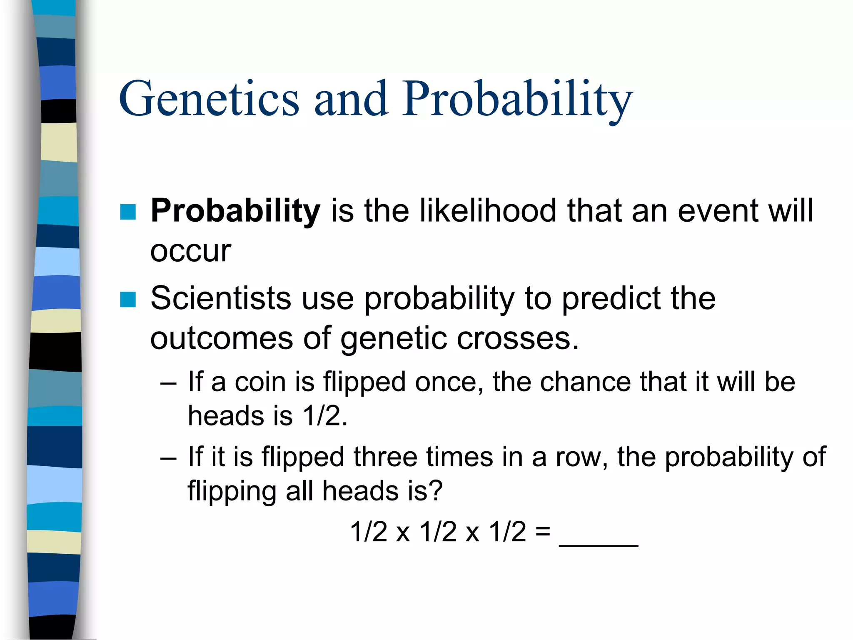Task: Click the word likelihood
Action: pos(488,211)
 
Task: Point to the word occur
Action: pos(190,251)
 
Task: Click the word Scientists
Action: pos(221,298)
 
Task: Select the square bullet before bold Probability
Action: pos(128,212)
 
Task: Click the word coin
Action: pos(260,382)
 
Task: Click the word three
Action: pos(385,457)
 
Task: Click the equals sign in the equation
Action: pos(543,532)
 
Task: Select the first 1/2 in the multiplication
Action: pos(369,532)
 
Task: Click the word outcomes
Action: pos(221,338)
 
